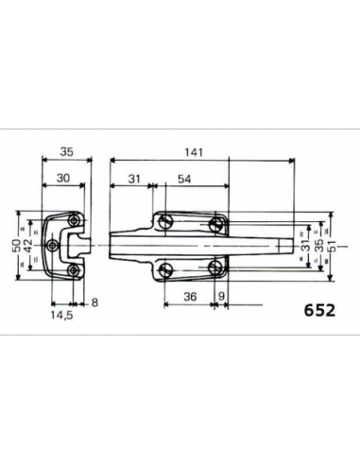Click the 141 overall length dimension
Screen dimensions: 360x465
pos(194,153)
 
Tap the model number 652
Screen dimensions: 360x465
pos(319,311)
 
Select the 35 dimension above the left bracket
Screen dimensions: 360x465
pos(67,152)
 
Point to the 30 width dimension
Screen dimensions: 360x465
pos(63,179)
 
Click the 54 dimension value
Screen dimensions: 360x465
pos(184,180)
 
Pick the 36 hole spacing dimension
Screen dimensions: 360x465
pos(190,297)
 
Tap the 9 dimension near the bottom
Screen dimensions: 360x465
pos(221,297)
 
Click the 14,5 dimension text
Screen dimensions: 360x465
pos(62,315)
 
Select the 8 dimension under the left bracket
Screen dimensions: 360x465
pos(94,302)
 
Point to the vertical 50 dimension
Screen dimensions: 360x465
pos(17,246)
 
